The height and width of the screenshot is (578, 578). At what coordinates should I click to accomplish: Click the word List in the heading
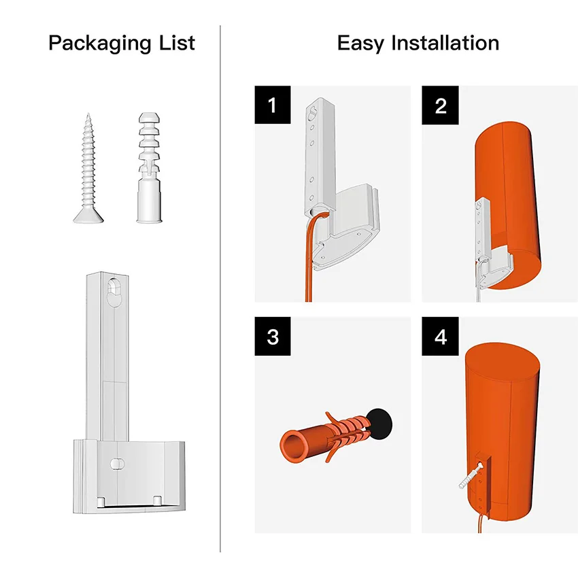click(x=176, y=44)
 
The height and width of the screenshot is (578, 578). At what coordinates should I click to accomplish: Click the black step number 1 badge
click(x=273, y=105)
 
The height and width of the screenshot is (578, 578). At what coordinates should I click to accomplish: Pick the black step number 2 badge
click(x=440, y=105)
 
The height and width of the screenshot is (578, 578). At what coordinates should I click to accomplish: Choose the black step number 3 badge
click(x=273, y=337)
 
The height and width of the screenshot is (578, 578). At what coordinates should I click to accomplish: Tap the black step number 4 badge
click(x=440, y=337)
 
